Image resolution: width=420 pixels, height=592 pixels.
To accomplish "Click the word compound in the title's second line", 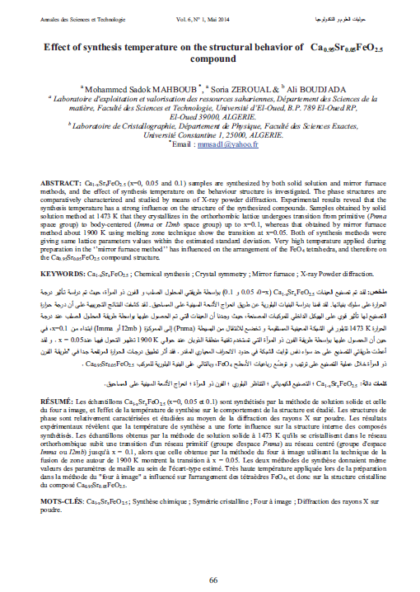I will pos(212,60).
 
